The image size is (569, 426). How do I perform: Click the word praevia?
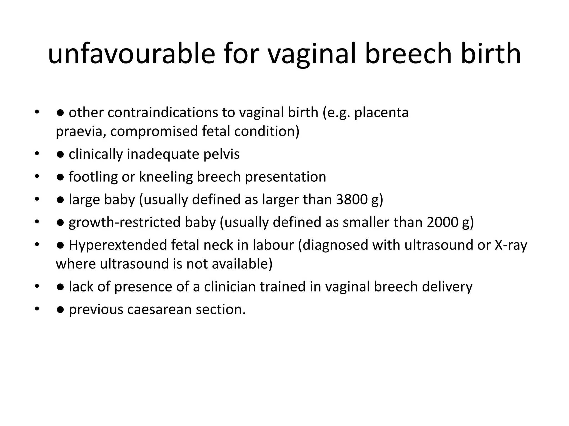point(79,131)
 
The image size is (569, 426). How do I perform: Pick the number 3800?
point(352,200)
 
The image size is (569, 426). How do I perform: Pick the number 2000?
point(443,222)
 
